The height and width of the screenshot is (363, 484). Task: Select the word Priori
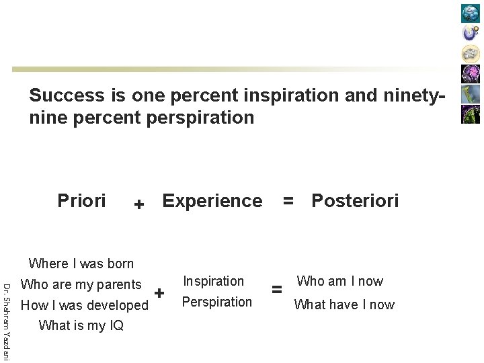click(81, 200)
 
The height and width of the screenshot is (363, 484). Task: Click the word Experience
click(212, 200)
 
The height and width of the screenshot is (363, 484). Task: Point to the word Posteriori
click(355, 200)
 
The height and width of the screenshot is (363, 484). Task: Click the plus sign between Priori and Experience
click(138, 204)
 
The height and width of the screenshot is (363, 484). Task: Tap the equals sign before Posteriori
click(288, 200)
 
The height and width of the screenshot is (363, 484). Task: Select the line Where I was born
click(81, 264)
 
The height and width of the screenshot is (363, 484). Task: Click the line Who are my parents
click(81, 284)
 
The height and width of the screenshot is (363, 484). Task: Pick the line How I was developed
click(85, 305)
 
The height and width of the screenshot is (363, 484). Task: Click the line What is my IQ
click(81, 326)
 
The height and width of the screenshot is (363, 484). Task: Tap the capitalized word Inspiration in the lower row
click(213, 281)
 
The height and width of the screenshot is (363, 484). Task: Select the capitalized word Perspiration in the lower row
click(217, 302)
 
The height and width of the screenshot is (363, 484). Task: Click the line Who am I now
click(339, 281)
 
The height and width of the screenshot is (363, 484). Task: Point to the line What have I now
click(344, 305)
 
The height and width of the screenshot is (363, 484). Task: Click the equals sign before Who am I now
click(276, 290)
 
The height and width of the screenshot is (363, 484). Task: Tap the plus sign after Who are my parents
click(159, 293)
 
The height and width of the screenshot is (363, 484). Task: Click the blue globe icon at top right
click(471, 13)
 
